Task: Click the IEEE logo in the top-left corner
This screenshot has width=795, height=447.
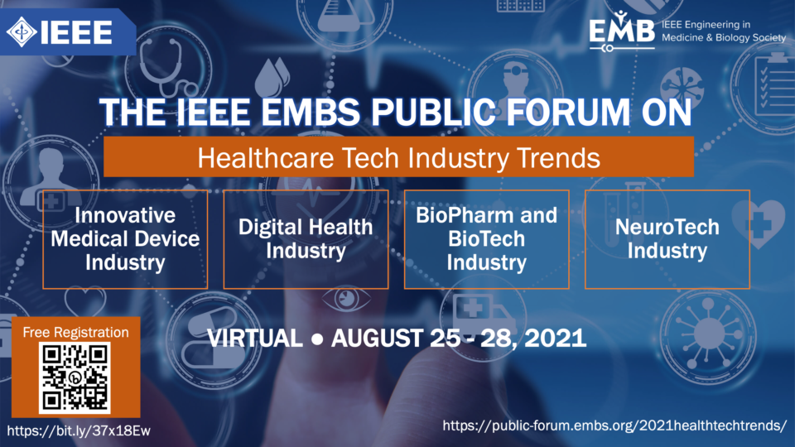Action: pos(60,32)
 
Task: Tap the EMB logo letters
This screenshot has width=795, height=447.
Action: pos(622,31)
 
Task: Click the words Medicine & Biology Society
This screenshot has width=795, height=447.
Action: pos(724,37)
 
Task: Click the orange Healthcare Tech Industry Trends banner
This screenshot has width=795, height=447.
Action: pos(398,156)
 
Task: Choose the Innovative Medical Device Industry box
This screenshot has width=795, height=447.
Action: pos(125,239)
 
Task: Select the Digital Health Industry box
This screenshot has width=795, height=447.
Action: pos(306,239)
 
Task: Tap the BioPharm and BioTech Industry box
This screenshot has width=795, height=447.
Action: pos(486,239)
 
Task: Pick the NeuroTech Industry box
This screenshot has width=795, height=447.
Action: pos(667,239)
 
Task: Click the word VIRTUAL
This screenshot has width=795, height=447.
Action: pos(255,338)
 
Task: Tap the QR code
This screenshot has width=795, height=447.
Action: pos(75,377)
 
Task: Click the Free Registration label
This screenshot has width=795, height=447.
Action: pos(75,333)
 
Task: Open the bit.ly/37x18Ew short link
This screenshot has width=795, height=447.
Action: pos(79,430)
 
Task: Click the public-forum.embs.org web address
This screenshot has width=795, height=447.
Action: pos(614,425)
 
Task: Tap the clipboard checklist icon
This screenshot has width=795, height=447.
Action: pos(773,84)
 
